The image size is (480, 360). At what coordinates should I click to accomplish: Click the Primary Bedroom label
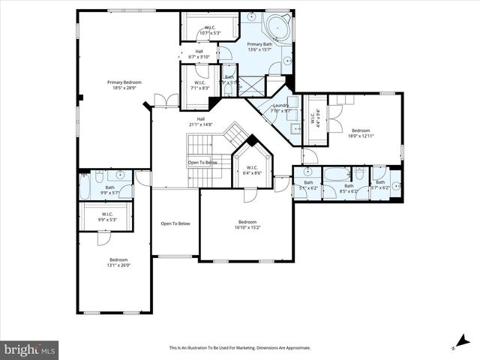pos(124,85)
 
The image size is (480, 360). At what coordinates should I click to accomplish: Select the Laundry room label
pos(280,108)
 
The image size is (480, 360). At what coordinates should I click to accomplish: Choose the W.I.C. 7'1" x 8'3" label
pos(199,85)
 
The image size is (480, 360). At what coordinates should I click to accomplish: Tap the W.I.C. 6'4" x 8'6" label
pos(251,169)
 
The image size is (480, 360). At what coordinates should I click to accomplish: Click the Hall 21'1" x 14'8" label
pos(200,121)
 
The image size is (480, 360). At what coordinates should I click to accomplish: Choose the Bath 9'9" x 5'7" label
pos(109,190)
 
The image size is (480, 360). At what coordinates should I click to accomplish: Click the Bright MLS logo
pos(30,349)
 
